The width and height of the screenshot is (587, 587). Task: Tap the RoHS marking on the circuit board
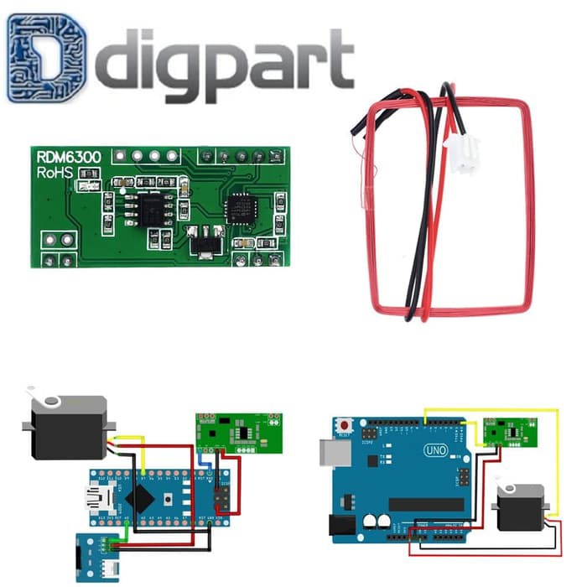click(x=55, y=173)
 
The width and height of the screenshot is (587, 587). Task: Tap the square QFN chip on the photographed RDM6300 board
click(x=239, y=205)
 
